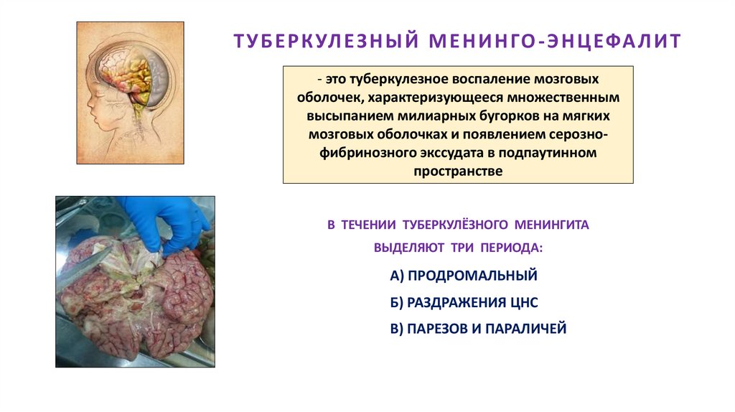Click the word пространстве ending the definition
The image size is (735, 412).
(x=458, y=172)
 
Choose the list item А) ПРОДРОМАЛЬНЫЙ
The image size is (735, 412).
(x=464, y=276)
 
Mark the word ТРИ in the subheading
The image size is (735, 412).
(x=447, y=248)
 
